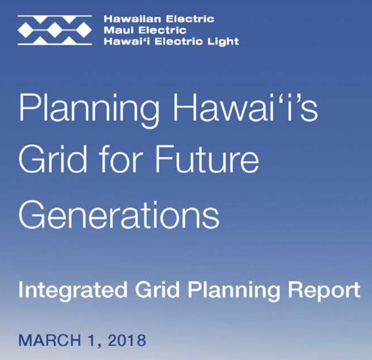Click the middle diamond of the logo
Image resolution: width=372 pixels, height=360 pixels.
(x=55, y=30)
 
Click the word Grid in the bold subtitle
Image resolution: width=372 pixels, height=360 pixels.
(x=158, y=291)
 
